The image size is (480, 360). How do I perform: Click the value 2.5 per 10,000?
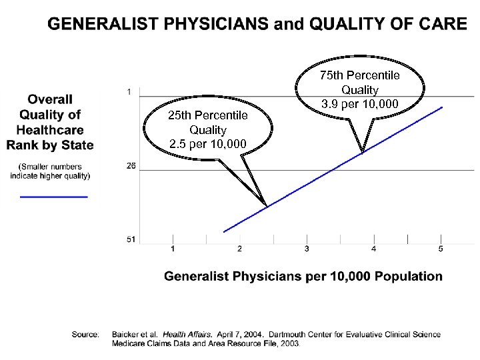207,144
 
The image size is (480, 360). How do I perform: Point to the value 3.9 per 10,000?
359,103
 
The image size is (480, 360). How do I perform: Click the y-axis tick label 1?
129,91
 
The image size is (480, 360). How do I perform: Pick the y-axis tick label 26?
131,165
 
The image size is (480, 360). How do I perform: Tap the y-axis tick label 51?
131,239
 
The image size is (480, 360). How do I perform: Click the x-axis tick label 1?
173,249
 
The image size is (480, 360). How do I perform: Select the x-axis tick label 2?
239,249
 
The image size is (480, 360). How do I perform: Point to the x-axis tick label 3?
307,249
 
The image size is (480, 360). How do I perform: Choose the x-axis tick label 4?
373,249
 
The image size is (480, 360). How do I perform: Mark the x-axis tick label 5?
441,249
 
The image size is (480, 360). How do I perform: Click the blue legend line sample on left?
54,197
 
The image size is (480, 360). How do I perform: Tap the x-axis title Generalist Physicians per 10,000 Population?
303,276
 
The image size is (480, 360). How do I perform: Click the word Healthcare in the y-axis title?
50,129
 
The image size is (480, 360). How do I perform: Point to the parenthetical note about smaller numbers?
50,171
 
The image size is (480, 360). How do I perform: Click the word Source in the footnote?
85,334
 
